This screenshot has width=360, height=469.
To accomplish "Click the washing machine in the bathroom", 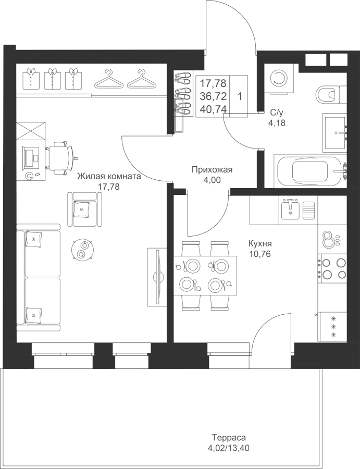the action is pyautogui.click(x=279, y=79).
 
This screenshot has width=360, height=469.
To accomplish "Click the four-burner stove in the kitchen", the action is pyautogui.click(x=332, y=268).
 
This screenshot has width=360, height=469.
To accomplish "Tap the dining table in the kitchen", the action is pyautogui.click(x=205, y=276).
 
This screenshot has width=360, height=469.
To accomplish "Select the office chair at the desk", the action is pyautogui.click(x=61, y=157).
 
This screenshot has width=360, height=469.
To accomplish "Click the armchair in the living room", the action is pyautogui.click(x=84, y=209).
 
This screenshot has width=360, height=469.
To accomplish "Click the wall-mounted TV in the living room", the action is pyautogui.click(x=157, y=277).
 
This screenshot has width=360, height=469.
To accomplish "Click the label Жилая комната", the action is pyautogui.click(x=109, y=177).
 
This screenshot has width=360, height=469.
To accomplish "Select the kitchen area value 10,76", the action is pyautogui.click(x=260, y=254).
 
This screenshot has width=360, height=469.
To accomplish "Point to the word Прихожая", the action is pyautogui.click(x=212, y=170).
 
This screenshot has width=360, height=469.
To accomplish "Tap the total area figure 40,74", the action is pyautogui.click(x=213, y=108).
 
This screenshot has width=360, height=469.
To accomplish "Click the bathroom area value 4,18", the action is pyautogui.click(x=277, y=122).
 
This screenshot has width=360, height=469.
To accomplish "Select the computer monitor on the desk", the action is pyautogui.click(x=30, y=158).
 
